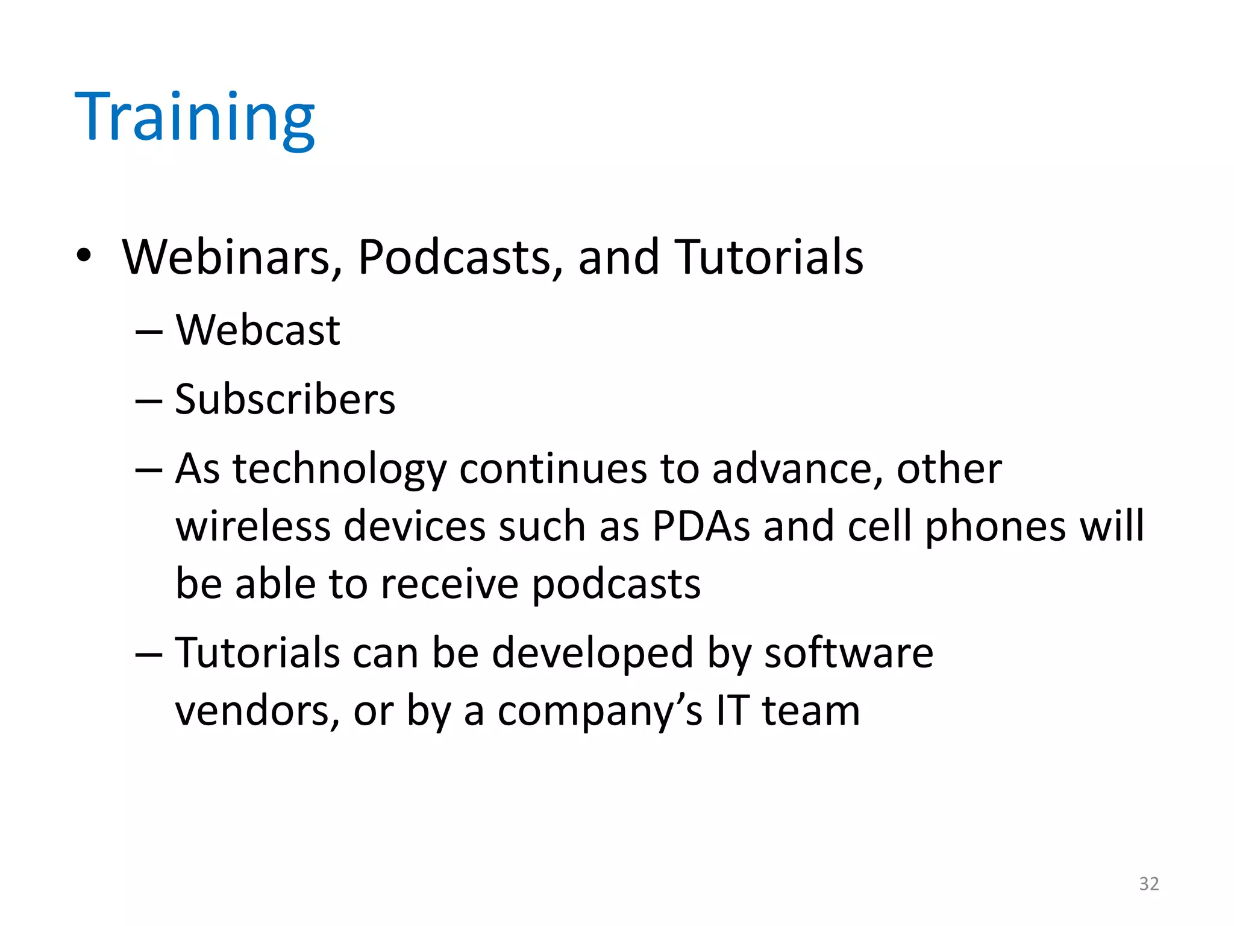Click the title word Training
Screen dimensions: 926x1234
(194, 118)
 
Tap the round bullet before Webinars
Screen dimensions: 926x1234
(84, 256)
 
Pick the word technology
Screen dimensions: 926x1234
(339, 470)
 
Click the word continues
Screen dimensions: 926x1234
(553, 469)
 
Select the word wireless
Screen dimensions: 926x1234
(252, 526)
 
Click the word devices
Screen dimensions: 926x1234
(415, 526)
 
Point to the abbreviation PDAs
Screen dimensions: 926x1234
(701, 526)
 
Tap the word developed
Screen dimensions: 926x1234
(592, 654)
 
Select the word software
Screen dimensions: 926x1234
(848, 653)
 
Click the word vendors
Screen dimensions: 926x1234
(253, 711)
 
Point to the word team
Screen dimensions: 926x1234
(810, 711)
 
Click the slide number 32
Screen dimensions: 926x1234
(1148, 884)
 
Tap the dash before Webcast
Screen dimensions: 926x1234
(149, 332)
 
